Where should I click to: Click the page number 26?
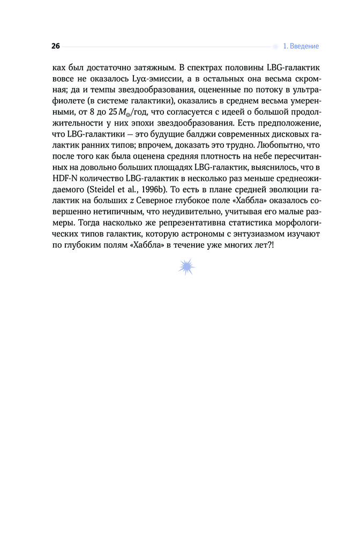click(x=56, y=46)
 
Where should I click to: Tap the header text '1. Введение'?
click(x=301, y=46)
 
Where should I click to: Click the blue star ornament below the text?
click(x=187, y=266)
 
